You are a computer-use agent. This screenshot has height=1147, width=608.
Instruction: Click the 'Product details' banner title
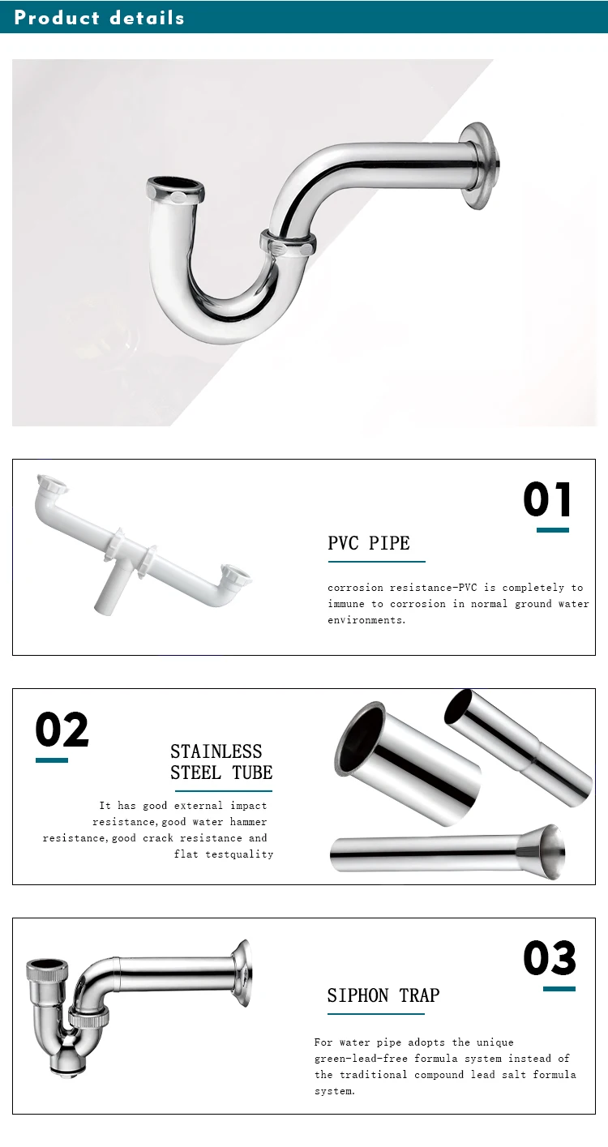(x=99, y=17)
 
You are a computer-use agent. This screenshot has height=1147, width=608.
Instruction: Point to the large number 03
(x=550, y=959)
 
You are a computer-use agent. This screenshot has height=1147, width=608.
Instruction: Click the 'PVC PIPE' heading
(x=369, y=543)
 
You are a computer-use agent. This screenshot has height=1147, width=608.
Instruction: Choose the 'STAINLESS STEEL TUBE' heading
(x=221, y=762)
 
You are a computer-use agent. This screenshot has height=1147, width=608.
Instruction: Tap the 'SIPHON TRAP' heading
(x=383, y=995)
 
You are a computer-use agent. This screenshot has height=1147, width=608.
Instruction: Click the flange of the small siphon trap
(x=241, y=973)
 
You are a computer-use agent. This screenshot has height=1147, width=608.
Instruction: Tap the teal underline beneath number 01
(x=553, y=530)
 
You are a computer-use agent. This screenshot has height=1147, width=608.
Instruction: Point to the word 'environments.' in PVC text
(x=366, y=620)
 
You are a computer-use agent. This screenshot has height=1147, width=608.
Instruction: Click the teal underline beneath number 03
(x=559, y=989)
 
